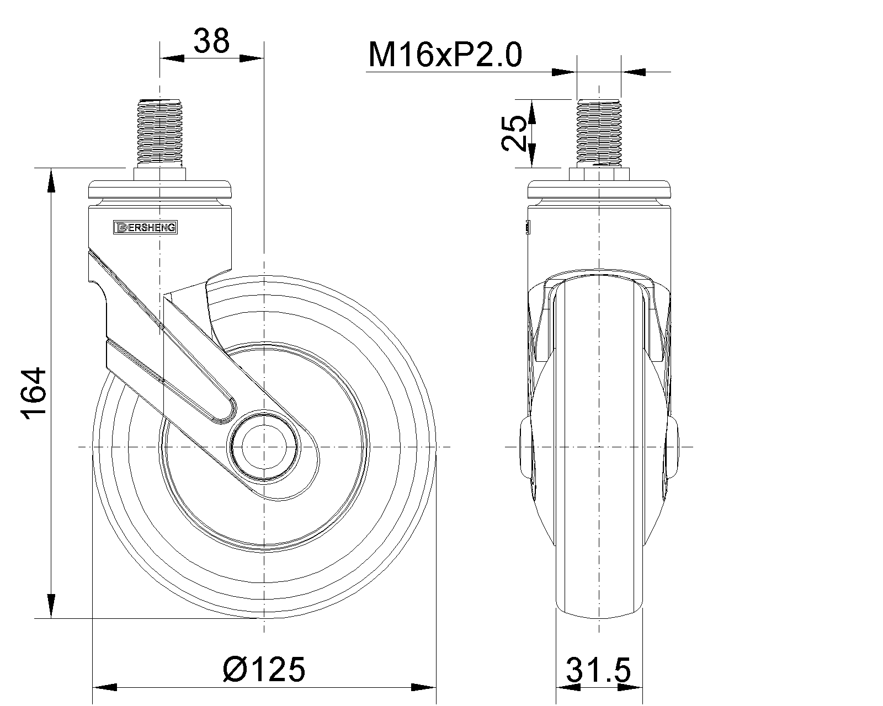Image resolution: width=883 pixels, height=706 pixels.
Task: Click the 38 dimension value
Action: point(211,41)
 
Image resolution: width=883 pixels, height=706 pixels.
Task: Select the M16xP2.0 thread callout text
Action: point(445,55)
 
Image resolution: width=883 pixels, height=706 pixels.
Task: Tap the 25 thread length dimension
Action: point(513,133)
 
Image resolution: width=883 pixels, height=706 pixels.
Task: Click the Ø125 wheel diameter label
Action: point(264,669)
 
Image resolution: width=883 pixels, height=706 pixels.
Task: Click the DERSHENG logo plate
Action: point(145,227)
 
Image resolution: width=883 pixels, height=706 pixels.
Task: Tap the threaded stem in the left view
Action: point(160,132)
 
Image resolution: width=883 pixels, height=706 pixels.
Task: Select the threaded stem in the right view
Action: point(599,133)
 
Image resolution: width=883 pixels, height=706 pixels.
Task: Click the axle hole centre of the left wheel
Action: point(264,447)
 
